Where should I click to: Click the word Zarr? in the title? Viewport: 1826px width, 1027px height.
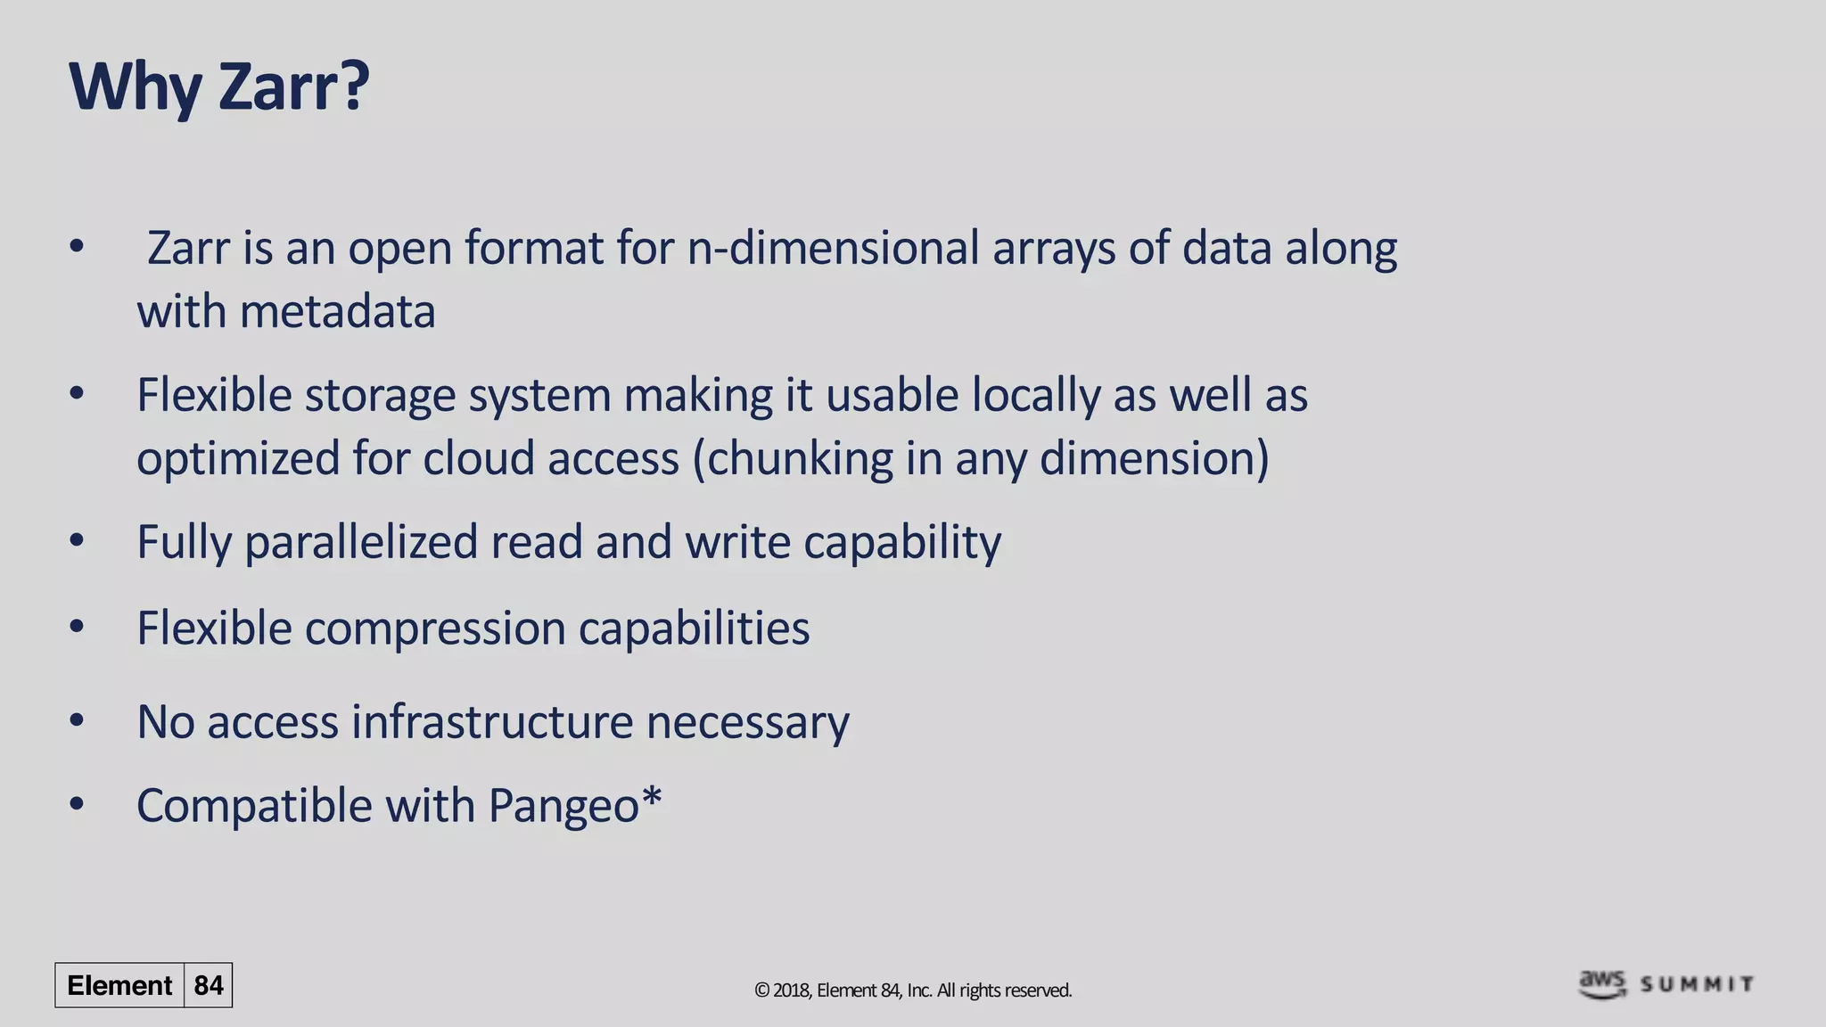coord(293,87)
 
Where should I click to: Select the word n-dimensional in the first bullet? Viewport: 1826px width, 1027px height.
coord(833,248)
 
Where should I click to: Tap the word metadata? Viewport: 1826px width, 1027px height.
coord(337,312)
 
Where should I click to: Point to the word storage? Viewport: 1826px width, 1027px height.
coord(380,395)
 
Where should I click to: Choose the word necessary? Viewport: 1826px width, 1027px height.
coord(747,721)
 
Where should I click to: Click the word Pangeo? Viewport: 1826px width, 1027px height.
coord(563,806)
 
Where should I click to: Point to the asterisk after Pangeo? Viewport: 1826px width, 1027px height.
coord(652,795)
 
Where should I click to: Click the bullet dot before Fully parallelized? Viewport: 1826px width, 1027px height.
coord(77,540)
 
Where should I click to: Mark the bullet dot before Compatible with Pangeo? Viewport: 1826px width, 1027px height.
coord(77,804)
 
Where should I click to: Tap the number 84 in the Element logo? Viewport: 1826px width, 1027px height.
coord(209,985)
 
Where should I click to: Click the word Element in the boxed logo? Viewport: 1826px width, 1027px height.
coord(119,985)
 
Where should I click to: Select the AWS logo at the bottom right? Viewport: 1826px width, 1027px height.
coord(1602,983)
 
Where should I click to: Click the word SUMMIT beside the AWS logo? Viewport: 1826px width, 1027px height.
coord(1697,984)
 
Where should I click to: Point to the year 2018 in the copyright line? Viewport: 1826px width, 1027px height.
coord(791,990)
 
